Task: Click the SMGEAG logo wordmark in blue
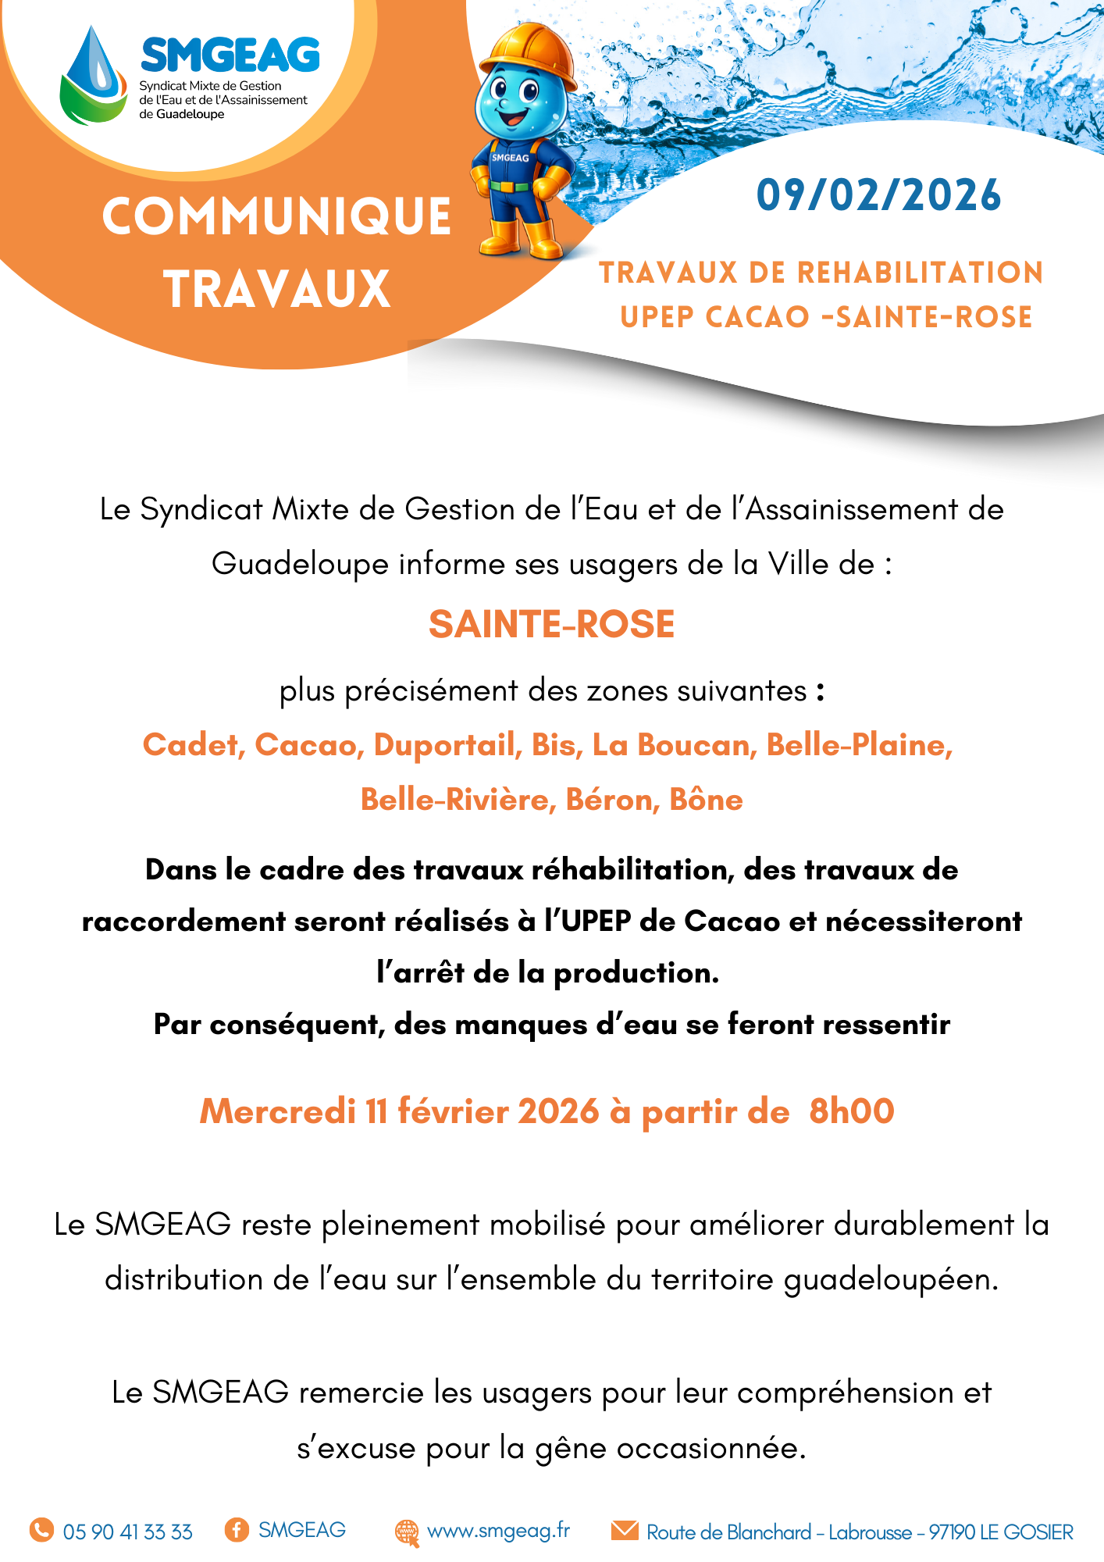230,55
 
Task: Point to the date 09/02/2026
878,195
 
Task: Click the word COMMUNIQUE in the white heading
276,216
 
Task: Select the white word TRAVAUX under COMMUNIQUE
276,289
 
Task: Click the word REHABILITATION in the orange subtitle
920,273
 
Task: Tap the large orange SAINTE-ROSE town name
551,624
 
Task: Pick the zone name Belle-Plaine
859,745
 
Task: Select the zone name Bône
706,800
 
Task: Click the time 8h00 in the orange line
851,1111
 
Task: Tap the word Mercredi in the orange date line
277,1111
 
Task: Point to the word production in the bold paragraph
636,973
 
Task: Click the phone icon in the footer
41,1530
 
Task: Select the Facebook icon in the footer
237,1529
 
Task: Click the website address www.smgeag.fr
498,1531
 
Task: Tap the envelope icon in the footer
625,1530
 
